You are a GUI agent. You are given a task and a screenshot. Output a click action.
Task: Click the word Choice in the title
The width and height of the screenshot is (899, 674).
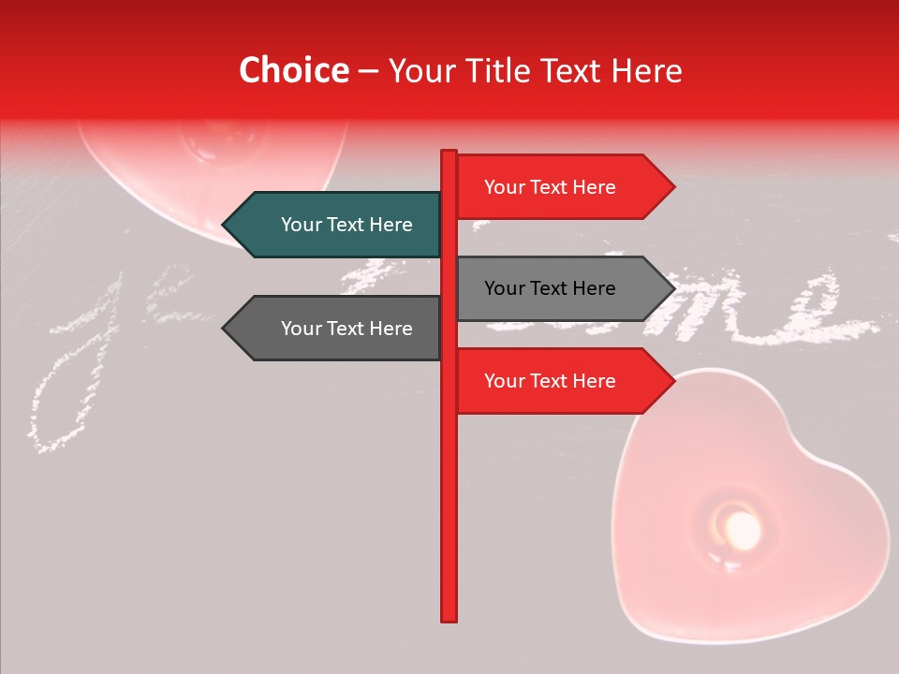coord(293,71)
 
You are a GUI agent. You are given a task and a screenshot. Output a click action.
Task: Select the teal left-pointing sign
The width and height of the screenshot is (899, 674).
coord(337,225)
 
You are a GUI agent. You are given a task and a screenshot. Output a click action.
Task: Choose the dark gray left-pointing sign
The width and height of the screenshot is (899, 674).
coord(337,329)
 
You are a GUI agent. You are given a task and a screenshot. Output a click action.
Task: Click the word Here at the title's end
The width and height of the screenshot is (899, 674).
coord(647,71)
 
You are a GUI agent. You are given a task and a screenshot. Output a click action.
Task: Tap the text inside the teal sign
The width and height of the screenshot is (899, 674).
coord(346,225)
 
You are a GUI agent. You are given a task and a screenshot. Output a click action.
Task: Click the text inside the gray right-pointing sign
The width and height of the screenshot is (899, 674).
coord(550,288)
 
